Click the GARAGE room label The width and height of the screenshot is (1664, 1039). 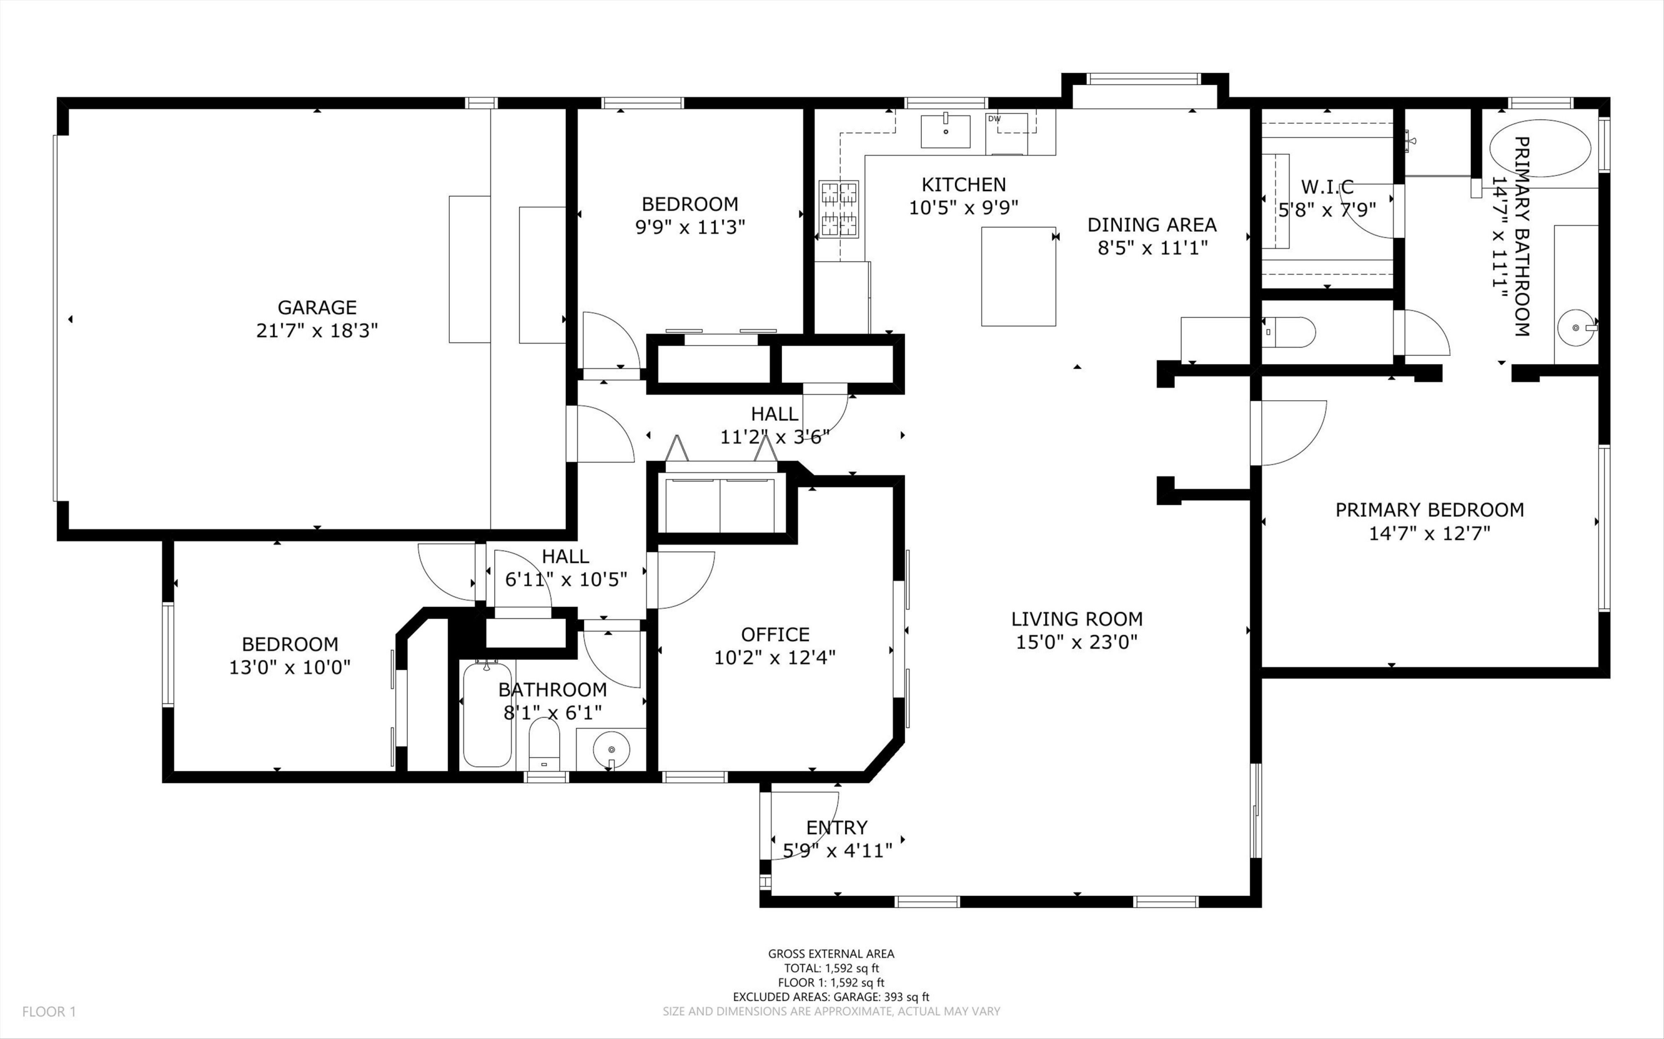tap(317, 307)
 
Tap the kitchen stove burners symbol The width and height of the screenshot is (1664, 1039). tap(839, 209)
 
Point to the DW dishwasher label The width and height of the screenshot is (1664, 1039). tap(994, 119)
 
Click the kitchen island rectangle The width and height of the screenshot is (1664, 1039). tap(1018, 276)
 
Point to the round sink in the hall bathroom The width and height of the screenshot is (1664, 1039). tap(611, 749)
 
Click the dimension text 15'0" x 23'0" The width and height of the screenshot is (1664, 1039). tap(1077, 643)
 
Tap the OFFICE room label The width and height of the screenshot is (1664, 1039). tap(775, 634)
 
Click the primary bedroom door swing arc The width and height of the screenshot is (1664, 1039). tap(1292, 433)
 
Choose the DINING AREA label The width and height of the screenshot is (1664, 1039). tap(1152, 225)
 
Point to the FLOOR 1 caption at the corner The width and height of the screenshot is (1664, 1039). tap(49, 1011)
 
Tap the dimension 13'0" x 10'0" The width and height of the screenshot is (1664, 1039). tap(290, 667)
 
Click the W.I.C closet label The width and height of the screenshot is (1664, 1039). tap(1327, 186)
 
